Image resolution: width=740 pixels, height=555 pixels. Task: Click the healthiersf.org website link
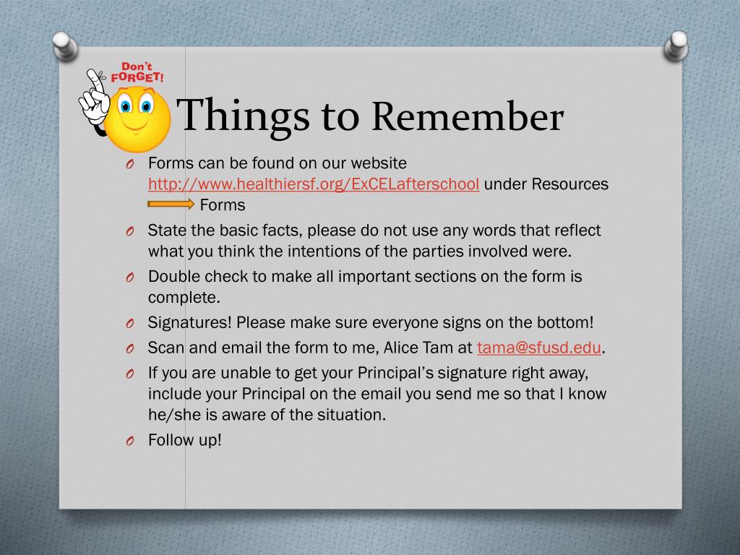314,184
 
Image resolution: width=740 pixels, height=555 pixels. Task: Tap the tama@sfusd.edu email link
539,348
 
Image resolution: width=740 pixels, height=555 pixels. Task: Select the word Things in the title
244,116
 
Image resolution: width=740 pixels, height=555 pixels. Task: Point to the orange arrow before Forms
171,205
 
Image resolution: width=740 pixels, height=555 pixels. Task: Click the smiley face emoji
137,119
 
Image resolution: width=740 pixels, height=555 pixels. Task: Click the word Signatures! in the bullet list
189,322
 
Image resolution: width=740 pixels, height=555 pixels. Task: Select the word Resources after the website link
570,184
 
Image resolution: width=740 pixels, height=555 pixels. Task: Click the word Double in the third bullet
173,277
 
